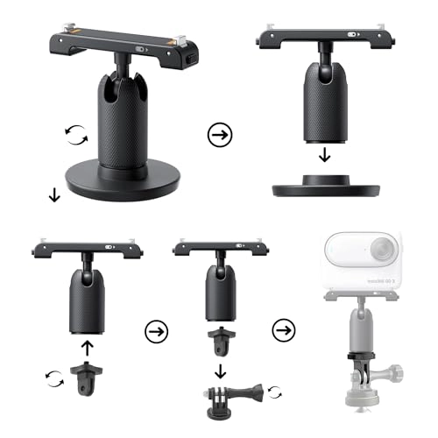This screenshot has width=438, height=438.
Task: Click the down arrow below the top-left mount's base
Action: point(54,195)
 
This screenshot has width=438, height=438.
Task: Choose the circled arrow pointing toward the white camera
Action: point(283,332)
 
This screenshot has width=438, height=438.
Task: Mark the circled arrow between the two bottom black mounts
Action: point(156,332)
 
